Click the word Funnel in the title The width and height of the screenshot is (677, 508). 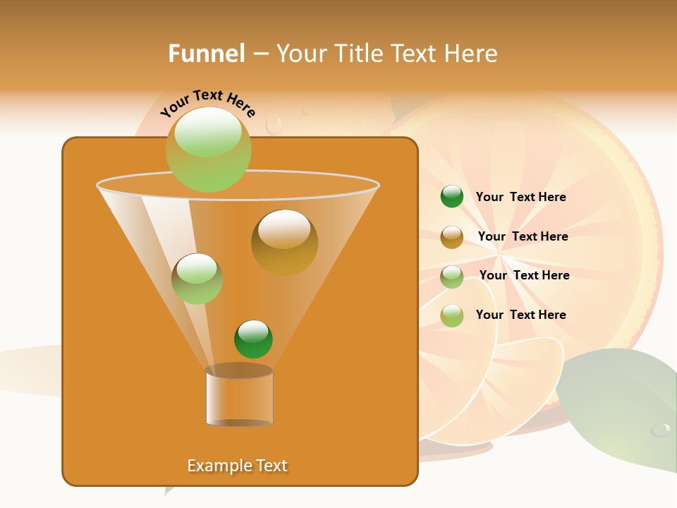coord(206,54)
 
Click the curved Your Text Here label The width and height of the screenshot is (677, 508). coord(208,102)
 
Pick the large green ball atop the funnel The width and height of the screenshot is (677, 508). coord(208,149)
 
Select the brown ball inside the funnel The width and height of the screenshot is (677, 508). coord(284,242)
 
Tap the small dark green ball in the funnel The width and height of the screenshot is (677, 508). coord(253,339)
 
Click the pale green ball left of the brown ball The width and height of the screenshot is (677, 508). coord(197,279)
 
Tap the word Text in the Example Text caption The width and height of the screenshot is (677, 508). coord(272,466)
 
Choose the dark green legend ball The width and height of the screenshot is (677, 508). coord(451,196)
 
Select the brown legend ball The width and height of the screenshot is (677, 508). coord(451,236)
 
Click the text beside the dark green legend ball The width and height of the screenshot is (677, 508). coord(520,197)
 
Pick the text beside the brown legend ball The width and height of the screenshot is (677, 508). coord(523,236)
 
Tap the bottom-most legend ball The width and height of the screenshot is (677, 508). coord(451,315)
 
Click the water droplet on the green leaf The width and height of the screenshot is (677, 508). coord(661,429)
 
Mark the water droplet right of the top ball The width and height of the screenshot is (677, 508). coord(274,124)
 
